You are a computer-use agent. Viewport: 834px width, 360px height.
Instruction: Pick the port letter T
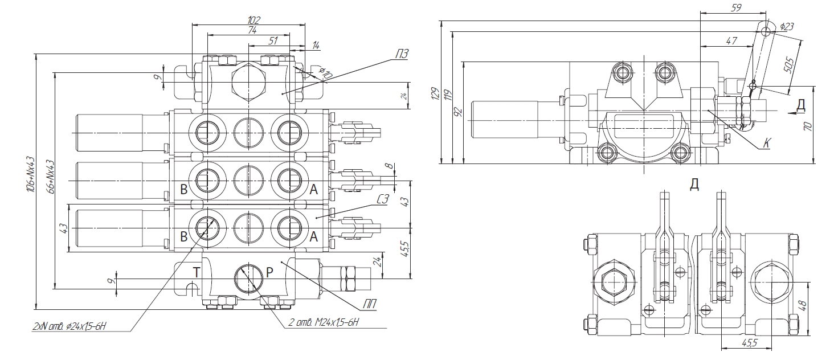[x=195, y=272]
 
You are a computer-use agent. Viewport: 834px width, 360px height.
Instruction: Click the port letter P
[x=270, y=272]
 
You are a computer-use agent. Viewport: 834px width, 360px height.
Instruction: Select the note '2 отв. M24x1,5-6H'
[x=322, y=324]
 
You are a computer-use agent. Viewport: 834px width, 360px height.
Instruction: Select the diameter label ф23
[x=787, y=26]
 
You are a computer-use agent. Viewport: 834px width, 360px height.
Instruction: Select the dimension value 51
[x=272, y=40]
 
